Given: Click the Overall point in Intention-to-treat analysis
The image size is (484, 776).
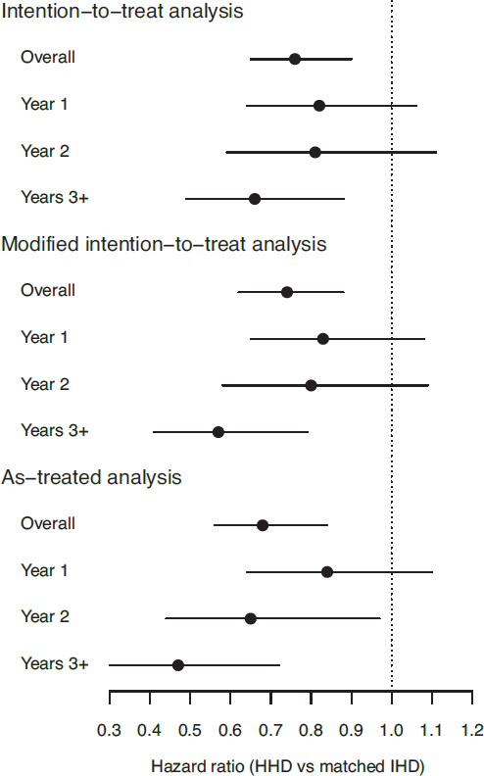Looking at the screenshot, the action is click(295, 59).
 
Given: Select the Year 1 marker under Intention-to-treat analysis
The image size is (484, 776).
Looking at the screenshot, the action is click(319, 106).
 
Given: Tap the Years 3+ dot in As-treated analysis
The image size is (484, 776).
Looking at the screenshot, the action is click(178, 665).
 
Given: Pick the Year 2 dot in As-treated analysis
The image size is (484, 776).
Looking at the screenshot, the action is click(251, 618).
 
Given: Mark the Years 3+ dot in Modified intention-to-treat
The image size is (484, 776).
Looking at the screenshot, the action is click(218, 432).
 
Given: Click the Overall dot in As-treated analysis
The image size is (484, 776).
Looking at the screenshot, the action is click(263, 525).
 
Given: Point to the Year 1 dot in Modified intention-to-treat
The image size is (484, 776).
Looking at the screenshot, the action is click(323, 339).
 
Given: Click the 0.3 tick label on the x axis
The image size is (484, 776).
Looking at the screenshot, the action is click(109, 730).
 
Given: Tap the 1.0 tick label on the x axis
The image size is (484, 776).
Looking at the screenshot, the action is click(392, 730).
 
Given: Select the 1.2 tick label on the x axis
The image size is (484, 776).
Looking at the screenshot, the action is click(472, 730).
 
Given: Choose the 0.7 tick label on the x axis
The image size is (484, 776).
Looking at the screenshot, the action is click(270, 730).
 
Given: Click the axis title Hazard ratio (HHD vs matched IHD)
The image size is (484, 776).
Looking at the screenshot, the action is click(287, 766).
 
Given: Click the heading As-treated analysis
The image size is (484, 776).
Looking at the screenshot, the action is click(91, 477).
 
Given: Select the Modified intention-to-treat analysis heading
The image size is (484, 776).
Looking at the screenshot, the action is click(164, 244).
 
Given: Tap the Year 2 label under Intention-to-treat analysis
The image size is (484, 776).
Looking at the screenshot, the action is click(45, 151).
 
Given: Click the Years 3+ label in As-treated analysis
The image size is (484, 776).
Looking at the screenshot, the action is click(55, 663).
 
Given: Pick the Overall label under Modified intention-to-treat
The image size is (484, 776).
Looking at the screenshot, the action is click(48, 290).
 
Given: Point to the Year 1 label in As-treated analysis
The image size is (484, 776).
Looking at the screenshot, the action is click(44, 570).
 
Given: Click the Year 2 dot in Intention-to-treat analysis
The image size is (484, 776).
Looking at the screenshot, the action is click(315, 153).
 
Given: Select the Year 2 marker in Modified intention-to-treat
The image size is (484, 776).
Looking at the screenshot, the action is click(311, 385).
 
